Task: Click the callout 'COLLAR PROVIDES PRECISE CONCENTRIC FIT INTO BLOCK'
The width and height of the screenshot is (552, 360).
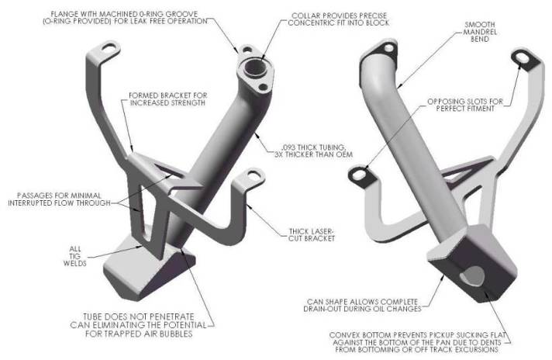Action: coord(339,19)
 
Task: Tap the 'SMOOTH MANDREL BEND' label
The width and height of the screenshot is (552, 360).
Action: coord(480,32)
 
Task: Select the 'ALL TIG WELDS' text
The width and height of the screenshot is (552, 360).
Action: coord(74,256)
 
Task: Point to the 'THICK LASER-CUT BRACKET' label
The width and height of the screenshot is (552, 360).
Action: coord(311,235)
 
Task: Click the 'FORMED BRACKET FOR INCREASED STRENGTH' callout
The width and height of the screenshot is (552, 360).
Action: coord(167,99)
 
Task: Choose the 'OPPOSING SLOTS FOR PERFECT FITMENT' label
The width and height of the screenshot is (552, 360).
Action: coord(465,105)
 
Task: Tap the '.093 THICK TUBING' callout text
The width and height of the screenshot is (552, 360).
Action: coord(313,151)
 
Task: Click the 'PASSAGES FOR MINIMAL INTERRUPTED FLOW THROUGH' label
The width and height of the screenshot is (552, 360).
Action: coord(59,199)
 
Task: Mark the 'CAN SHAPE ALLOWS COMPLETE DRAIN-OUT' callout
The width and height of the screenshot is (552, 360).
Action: coord(362,306)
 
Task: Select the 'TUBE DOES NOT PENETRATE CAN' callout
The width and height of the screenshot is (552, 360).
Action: coord(138,325)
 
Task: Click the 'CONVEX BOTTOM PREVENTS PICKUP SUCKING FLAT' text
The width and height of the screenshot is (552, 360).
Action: coord(417,342)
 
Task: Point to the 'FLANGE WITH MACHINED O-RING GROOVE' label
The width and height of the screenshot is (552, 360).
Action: coord(125,18)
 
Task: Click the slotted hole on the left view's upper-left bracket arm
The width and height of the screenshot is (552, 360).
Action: coord(110,47)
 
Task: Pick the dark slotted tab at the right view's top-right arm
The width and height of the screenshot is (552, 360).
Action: coord(523,57)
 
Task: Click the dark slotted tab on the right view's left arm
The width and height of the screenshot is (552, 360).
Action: coord(359,175)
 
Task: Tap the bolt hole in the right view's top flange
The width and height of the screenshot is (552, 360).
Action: coord(388,48)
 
